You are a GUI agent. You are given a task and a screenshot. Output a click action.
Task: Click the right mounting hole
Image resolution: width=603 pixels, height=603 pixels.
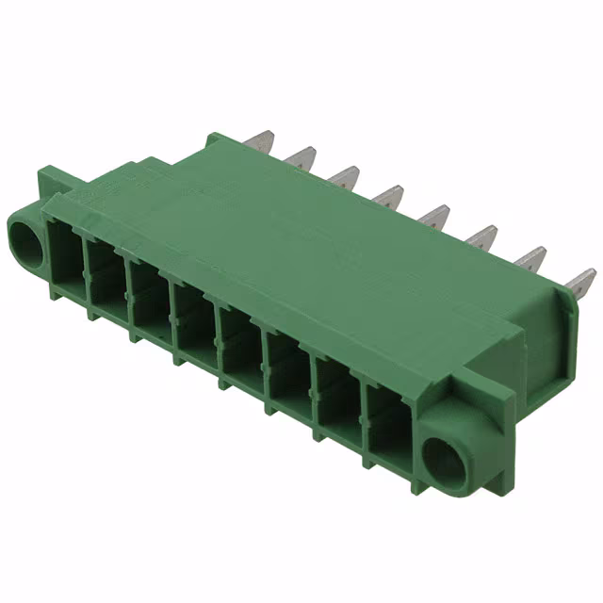[x=443, y=459]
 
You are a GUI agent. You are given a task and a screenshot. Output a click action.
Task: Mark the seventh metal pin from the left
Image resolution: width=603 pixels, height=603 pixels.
[x=530, y=258]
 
